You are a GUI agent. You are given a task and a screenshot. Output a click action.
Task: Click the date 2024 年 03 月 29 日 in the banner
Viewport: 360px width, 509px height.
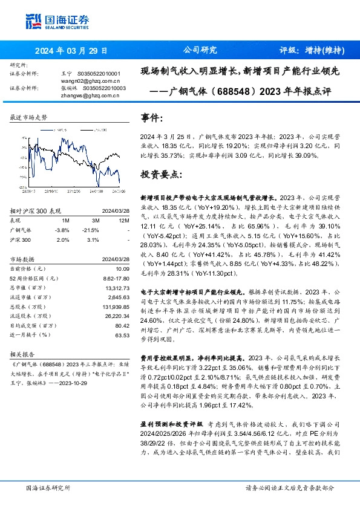click(x=71, y=51)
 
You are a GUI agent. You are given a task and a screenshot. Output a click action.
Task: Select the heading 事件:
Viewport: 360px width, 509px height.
click(x=151, y=118)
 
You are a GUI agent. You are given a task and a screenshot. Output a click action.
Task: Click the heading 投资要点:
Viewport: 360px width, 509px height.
click(x=160, y=174)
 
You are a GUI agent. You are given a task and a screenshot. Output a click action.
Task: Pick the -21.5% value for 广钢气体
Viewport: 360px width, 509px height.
click(x=90, y=230)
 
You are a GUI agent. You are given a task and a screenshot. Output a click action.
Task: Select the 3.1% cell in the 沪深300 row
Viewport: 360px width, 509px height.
click(x=93, y=240)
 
